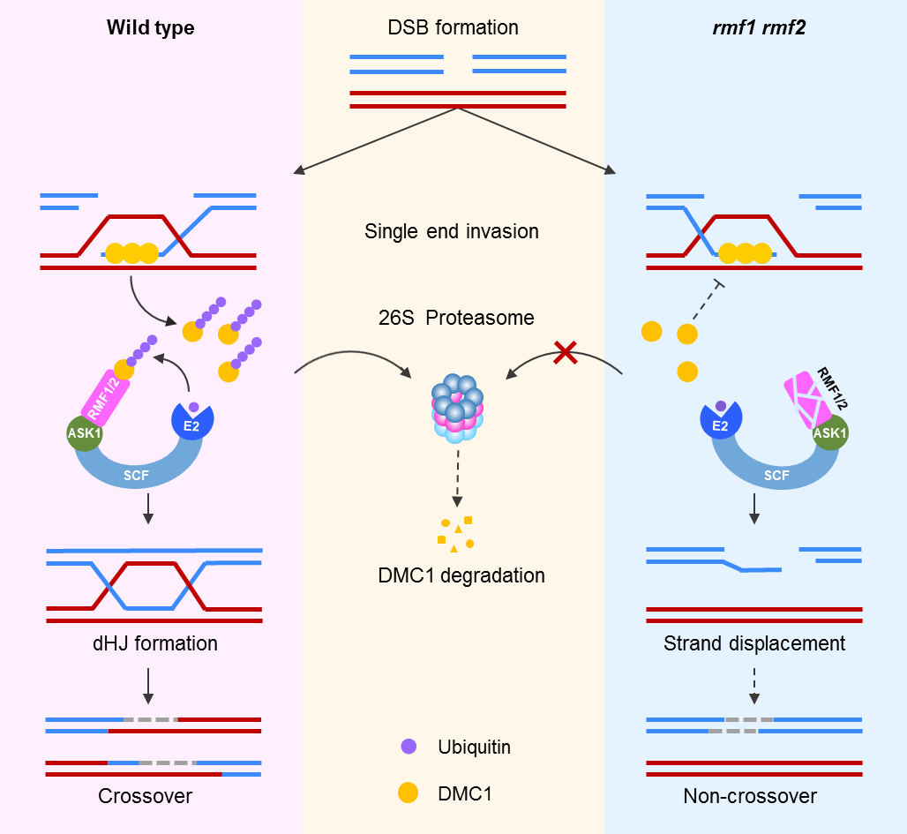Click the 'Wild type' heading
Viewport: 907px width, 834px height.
coord(150,27)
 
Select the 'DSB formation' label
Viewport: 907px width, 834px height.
coord(453,27)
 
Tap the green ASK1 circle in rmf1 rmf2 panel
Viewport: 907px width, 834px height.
coord(829,432)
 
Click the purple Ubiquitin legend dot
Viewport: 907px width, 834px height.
coord(408,748)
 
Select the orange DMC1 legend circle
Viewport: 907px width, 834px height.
coord(408,793)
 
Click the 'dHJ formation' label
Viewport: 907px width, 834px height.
coord(154,643)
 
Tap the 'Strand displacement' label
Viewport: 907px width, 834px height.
coord(754,643)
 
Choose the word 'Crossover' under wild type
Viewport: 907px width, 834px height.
coord(146,796)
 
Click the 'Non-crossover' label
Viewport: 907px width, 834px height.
coord(750,796)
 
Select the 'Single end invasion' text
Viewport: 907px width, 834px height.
coord(451,232)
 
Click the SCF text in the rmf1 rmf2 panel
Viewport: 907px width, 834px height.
coord(776,476)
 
